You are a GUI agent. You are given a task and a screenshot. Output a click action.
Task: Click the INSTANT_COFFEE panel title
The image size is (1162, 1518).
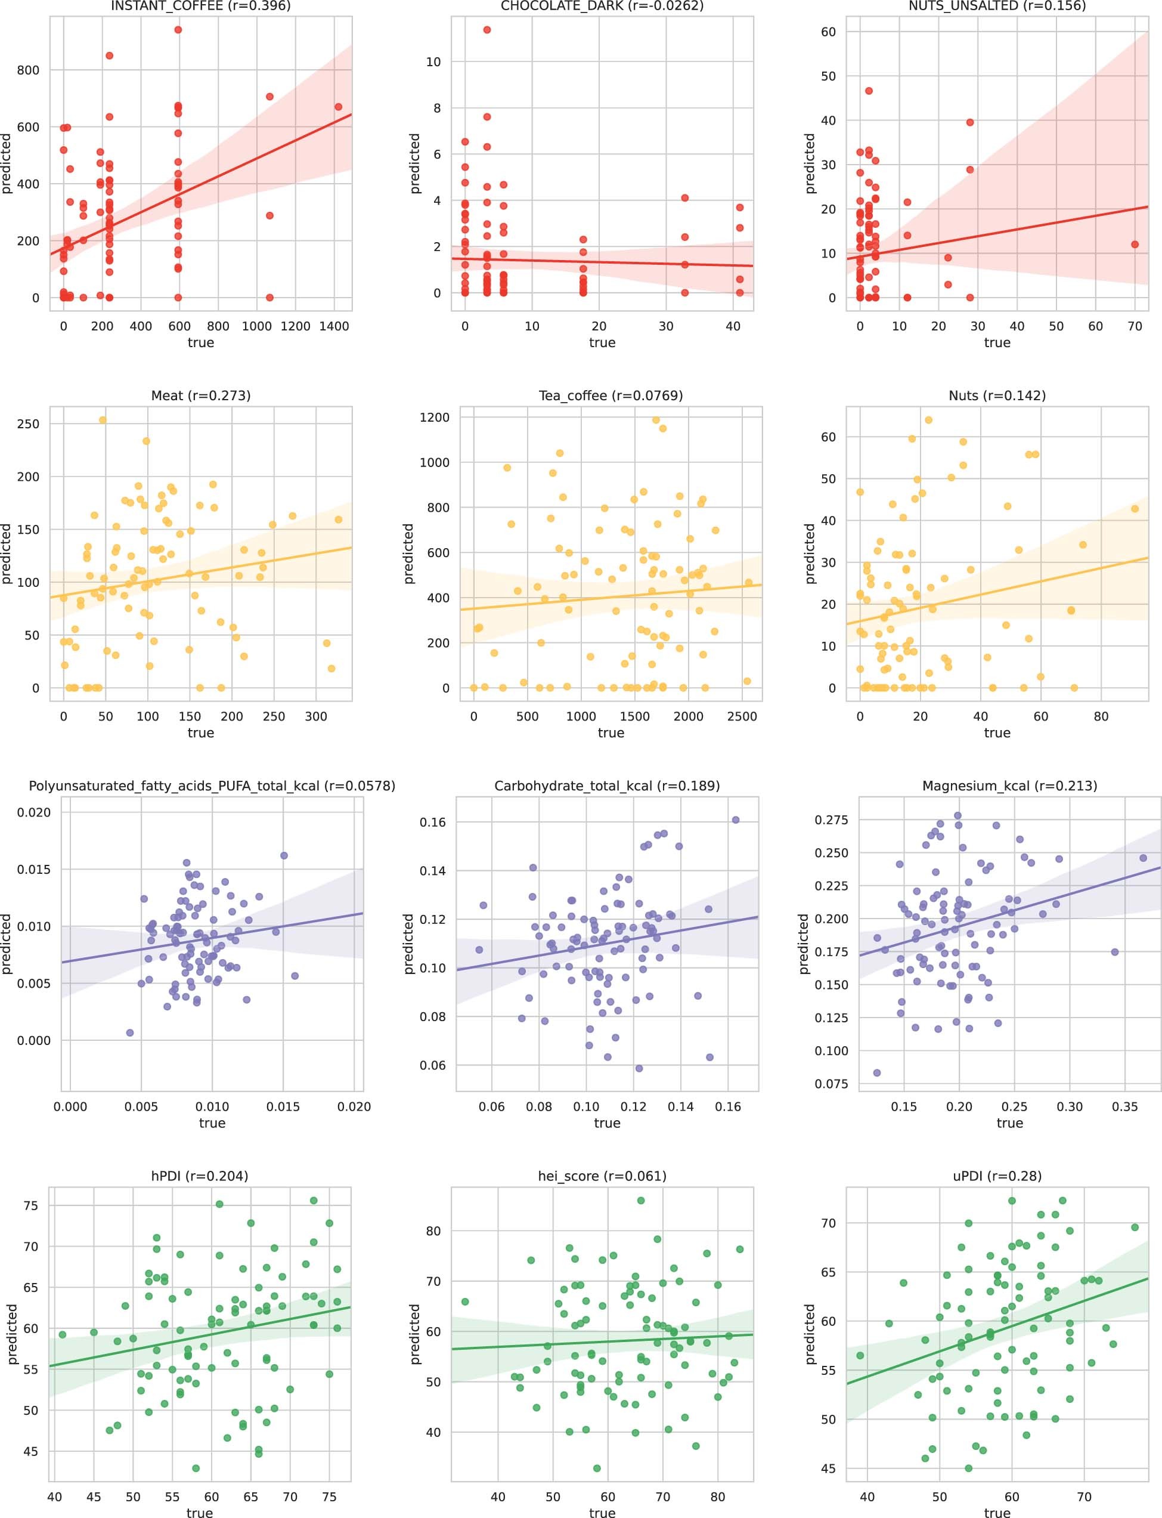coord(200,6)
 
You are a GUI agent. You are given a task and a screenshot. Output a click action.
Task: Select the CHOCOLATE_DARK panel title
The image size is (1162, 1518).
coord(602,6)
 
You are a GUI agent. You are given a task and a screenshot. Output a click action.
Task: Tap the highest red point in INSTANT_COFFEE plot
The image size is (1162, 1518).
coord(178,30)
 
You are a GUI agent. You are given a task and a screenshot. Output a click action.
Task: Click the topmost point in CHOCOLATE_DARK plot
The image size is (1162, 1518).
coord(487,30)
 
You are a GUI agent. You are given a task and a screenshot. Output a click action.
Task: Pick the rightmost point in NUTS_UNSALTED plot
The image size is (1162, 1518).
coord(1135,244)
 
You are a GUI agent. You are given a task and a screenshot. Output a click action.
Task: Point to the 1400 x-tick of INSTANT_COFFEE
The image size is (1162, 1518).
coord(334,326)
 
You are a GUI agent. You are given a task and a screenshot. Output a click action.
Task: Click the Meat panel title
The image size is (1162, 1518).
coord(200,396)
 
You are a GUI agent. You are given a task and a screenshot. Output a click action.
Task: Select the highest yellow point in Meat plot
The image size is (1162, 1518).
coord(103,420)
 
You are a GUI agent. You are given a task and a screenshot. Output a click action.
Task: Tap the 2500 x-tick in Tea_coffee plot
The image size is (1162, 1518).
coord(742,717)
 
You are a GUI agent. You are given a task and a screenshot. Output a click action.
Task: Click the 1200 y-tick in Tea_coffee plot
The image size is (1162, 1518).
coord(435,417)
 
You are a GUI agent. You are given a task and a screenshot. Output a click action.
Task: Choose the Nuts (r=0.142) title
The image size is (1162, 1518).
coord(997,396)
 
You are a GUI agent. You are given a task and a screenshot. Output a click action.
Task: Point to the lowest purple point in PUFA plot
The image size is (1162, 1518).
coord(130,1033)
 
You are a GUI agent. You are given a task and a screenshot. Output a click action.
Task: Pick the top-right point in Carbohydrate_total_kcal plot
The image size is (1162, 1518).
coord(735,820)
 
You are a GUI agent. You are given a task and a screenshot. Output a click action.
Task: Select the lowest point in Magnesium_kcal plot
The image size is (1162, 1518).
coord(877,1073)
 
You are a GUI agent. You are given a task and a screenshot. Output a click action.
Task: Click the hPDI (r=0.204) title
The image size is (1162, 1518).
coord(199,1176)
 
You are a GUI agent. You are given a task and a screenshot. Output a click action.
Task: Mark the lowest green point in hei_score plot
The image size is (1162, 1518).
coord(597,1468)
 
